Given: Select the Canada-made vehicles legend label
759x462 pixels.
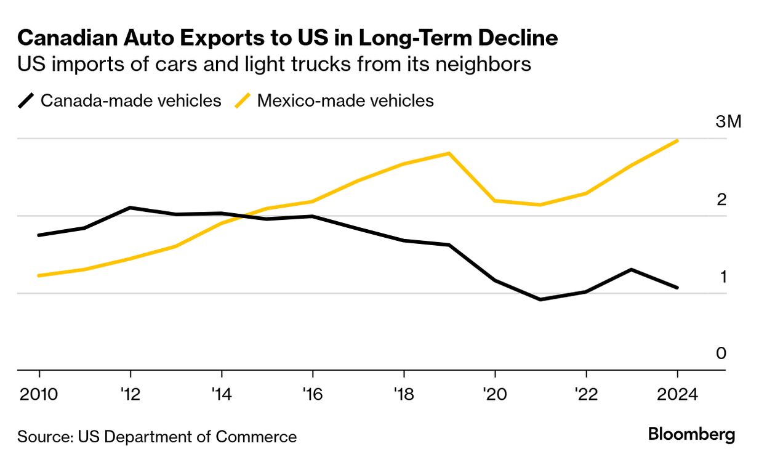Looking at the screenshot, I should click(131, 100).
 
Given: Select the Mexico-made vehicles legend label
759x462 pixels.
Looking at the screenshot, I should click(345, 100).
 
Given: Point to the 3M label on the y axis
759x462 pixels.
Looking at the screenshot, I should click(729, 122).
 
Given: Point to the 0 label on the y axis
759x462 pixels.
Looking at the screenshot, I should click(721, 354).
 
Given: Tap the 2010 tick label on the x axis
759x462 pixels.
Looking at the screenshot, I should click(39, 394).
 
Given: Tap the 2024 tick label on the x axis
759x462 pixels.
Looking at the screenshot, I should click(677, 394).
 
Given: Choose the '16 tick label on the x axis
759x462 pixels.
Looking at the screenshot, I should click(312, 394).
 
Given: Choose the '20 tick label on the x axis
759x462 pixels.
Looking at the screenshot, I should click(494, 394).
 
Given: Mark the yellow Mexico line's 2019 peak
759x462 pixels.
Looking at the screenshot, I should click(449, 153).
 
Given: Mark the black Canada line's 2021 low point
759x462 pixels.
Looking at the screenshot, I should click(540, 299).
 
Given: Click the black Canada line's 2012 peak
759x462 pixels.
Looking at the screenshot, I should click(131, 208).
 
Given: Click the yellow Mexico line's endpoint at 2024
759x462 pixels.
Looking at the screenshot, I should click(677, 140).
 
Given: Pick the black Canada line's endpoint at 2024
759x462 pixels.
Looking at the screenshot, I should click(677, 288).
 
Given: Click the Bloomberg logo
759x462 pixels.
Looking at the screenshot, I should click(691, 434).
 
